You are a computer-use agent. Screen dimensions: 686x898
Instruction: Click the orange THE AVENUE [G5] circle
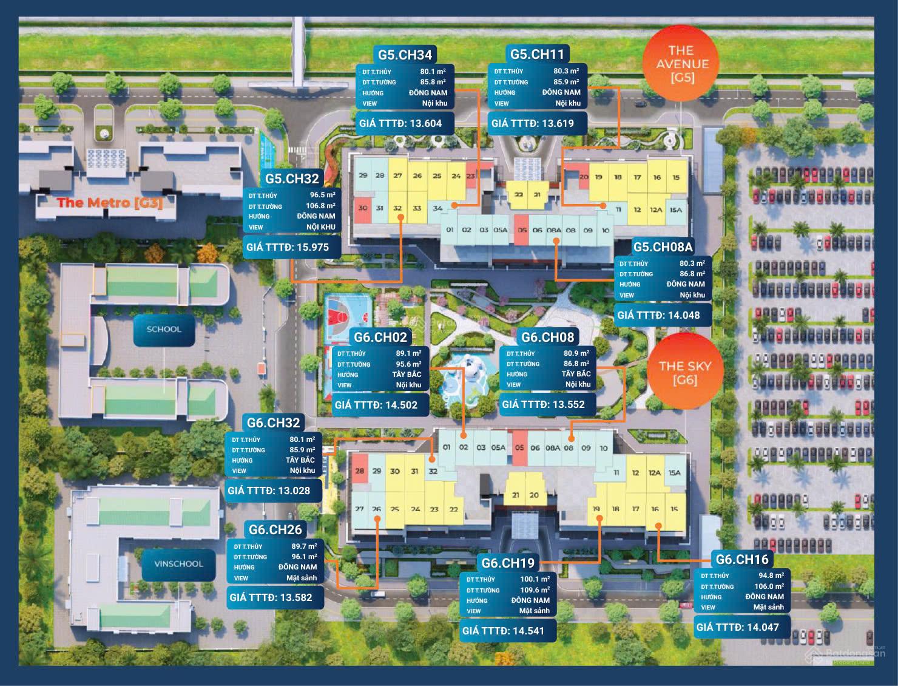point(680,63)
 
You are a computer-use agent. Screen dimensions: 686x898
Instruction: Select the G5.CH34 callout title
point(405,55)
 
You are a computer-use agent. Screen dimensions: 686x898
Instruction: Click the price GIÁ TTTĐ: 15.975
point(286,247)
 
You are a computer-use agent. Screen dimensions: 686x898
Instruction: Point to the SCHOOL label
point(164,329)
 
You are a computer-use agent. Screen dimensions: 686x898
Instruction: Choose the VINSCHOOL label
point(178,563)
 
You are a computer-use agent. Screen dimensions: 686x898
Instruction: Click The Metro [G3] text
point(110,203)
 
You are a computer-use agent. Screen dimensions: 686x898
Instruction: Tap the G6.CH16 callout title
point(742,560)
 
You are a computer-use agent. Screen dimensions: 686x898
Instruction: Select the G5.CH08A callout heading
point(663,247)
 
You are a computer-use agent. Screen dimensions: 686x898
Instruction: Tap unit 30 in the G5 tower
point(363,208)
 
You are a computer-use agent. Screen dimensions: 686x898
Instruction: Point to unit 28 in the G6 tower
point(360,471)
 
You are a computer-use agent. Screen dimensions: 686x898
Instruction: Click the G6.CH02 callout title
point(380,338)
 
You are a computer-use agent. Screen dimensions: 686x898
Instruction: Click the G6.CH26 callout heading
point(275,530)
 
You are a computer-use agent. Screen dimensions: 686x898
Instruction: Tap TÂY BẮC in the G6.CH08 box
point(576,374)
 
